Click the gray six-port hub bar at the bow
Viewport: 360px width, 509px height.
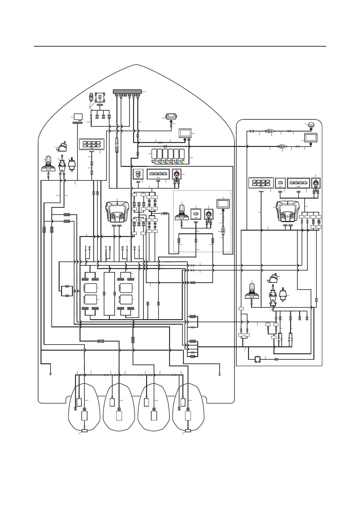[127, 91]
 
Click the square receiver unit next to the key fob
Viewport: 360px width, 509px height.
[100, 98]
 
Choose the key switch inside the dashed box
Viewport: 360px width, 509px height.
[209, 214]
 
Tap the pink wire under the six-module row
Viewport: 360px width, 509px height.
[155, 162]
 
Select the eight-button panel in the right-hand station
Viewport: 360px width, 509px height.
[261, 183]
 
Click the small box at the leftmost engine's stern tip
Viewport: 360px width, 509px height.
[84, 431]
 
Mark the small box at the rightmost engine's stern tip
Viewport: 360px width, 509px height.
[188, 431]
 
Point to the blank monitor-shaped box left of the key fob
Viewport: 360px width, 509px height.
[78, 116]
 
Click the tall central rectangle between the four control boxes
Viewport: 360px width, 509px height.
[109, 293]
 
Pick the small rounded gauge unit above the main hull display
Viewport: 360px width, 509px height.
[171, 116]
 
